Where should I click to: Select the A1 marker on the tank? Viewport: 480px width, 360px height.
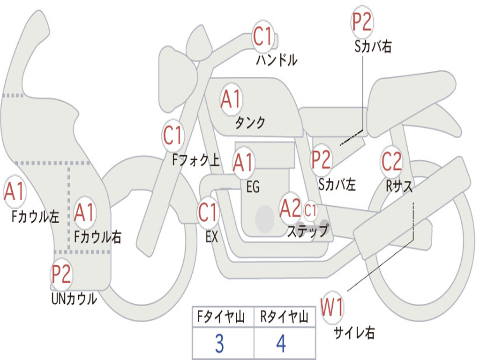tap(231, 99)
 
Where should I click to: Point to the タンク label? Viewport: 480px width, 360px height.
tap(250, 123)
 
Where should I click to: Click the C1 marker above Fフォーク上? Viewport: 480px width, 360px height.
tap(173, 136)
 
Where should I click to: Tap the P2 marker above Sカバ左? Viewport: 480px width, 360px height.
tap(322, 159)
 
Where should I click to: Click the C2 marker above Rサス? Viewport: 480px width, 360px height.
tap(391, 161)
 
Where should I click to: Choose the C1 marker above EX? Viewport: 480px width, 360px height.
tap(208, 212)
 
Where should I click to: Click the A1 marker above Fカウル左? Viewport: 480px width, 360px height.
tap(14, 192)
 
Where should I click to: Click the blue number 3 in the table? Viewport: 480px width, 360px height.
tap(219, 344)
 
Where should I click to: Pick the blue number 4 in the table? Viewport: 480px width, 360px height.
tap(281, 344)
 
